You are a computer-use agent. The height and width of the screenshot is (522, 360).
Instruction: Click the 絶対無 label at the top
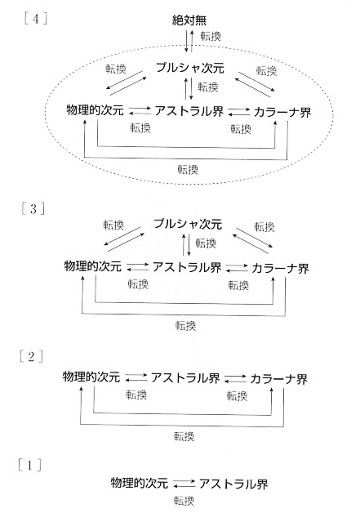pos(189,20)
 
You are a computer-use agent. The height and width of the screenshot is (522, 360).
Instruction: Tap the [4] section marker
pos(36,19)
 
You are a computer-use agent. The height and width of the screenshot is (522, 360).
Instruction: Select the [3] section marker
pos(33,209)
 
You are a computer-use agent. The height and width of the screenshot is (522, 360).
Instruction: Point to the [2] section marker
pos(31,356)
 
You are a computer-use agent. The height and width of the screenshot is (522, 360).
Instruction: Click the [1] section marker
pos(29,465)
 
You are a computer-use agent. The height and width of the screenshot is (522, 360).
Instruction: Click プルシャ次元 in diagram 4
pos(190,68)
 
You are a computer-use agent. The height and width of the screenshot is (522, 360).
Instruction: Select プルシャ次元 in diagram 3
pos(188,224)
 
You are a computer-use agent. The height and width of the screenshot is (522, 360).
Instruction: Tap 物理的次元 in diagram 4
pos(95,109)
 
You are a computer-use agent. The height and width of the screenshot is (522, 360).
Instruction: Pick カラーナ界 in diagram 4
pos(282,113)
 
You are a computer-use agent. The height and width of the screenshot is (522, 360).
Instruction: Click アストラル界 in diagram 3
pos(187,267)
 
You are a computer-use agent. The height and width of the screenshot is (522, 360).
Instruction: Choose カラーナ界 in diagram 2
pos(278,379)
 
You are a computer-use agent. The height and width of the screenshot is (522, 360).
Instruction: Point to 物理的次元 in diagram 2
pos(91,377)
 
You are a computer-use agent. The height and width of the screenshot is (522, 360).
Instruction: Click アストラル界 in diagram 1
pos(233,484)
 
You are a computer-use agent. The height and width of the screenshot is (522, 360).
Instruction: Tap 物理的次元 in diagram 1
pos(140,483)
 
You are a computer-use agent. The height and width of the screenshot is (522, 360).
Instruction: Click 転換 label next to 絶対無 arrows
pos(211,36)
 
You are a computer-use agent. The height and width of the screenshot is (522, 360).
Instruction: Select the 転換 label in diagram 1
pos(184,501)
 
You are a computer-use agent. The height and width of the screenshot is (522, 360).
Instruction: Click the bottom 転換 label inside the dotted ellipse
pos(188,170)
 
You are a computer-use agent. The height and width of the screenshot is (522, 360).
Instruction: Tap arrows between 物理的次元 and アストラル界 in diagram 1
pos(184,484)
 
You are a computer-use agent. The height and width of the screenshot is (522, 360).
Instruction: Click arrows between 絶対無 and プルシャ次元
pos(189,41)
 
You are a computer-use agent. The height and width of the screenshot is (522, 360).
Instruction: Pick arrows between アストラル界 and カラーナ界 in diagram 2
pos(235,378)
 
